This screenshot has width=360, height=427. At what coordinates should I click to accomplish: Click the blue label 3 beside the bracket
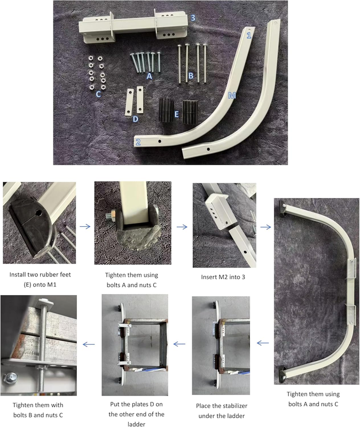[193, 18]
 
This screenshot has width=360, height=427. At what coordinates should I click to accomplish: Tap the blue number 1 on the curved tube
[248, 35]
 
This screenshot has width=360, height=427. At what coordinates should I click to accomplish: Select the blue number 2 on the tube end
[138, 142]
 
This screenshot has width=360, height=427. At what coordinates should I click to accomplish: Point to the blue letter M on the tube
[232, 96]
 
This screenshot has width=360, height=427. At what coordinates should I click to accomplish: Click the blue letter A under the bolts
[149, 76]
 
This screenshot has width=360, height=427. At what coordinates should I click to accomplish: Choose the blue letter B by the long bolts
[191, 75]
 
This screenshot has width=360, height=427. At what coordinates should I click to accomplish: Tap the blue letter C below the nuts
[98, 94]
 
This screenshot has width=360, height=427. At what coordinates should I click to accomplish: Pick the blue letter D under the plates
[136, 119]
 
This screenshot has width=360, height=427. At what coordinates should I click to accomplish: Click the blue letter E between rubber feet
[176, 114]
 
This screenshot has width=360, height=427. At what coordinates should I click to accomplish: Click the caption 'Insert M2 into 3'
[223, 277]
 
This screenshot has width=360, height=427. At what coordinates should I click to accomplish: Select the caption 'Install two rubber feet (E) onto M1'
[40, 279]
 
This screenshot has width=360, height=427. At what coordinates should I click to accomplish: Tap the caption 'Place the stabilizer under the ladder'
[222, 410]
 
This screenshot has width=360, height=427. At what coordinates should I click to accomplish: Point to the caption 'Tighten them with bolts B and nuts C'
[38, 410]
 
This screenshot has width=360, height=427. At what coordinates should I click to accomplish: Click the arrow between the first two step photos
[85, 226]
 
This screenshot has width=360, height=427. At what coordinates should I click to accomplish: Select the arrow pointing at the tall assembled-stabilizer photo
[265, 226]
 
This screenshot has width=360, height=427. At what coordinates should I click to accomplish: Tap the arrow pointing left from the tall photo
[263, 343]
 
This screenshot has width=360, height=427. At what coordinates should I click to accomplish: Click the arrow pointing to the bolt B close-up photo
[89, 344]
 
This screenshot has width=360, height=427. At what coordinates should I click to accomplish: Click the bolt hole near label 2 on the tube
[160, 141]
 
